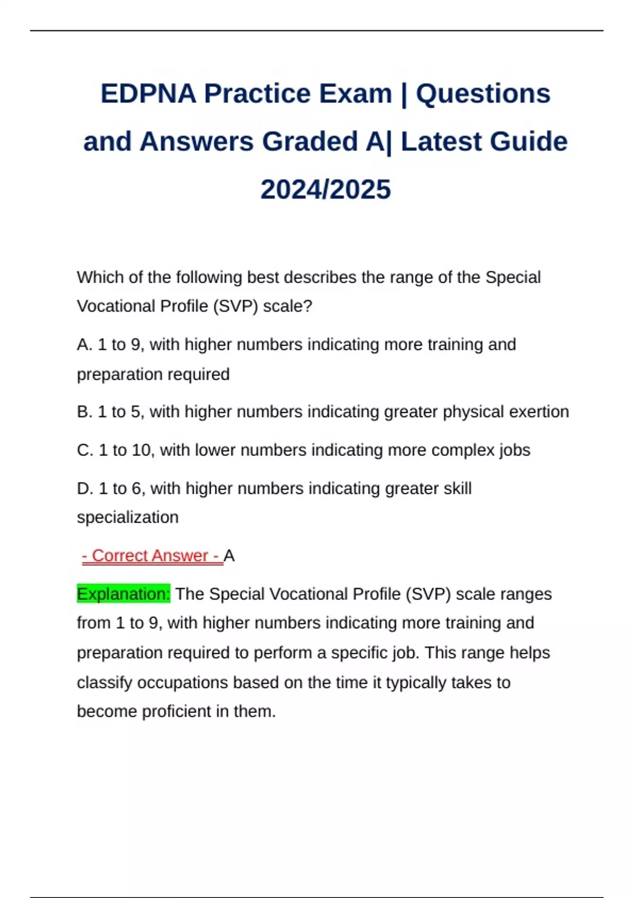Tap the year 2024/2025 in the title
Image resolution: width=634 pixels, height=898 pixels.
[x=325, y=190]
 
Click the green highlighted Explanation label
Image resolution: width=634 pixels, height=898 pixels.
[x=124, y=594]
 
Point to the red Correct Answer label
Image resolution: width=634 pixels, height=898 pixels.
[x=152, y=556]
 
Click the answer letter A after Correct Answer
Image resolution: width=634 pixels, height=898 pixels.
[x=229, y=556]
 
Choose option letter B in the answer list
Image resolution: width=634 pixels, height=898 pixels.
[x=85, y=411]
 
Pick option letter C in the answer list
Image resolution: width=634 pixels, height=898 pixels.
[x=85, y=450]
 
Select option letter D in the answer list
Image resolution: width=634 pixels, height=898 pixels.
[x=85, y=488]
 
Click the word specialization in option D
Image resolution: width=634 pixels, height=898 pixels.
[x=127, y=517]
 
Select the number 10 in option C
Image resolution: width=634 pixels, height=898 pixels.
[x=141, y=450]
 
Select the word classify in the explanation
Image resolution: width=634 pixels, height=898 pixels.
[x=104, y=682]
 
